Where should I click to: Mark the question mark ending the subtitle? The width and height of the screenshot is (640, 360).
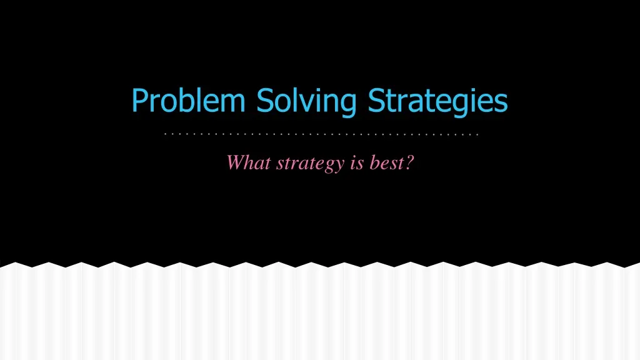click(410, 163)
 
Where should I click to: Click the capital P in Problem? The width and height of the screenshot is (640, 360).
click(139, 100)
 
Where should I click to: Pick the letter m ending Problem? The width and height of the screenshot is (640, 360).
click(234, 102)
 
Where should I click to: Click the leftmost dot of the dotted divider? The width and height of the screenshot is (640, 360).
click(162, 134)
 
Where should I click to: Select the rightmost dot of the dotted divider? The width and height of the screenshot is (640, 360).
click(477, 134)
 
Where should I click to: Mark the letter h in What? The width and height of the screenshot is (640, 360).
click(249, 163)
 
